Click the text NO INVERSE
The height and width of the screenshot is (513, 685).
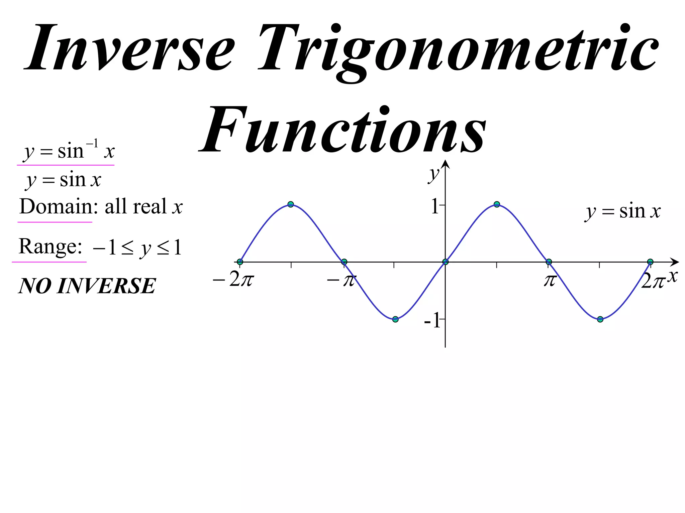coord(87,286)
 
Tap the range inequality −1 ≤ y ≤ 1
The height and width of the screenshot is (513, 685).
coord(137,248)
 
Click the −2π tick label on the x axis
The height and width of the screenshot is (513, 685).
coord(233,280)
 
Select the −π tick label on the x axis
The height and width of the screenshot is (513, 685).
coord(341,280)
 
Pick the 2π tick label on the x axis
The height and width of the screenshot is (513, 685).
coord(652,281)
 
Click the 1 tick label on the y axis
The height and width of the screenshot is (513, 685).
coord(435,206)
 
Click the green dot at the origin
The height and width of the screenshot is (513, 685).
coord(445,262)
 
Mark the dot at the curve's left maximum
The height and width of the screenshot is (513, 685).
coord(291,204)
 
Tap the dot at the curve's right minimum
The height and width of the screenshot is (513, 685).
coord(600,319)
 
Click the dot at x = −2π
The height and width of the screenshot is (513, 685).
coord(240,262)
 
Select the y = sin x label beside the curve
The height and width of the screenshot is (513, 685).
coord(623,211)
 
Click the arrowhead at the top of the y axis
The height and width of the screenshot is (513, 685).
coord(445,164)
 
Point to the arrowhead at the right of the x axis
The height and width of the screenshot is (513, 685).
coord(675,262)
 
